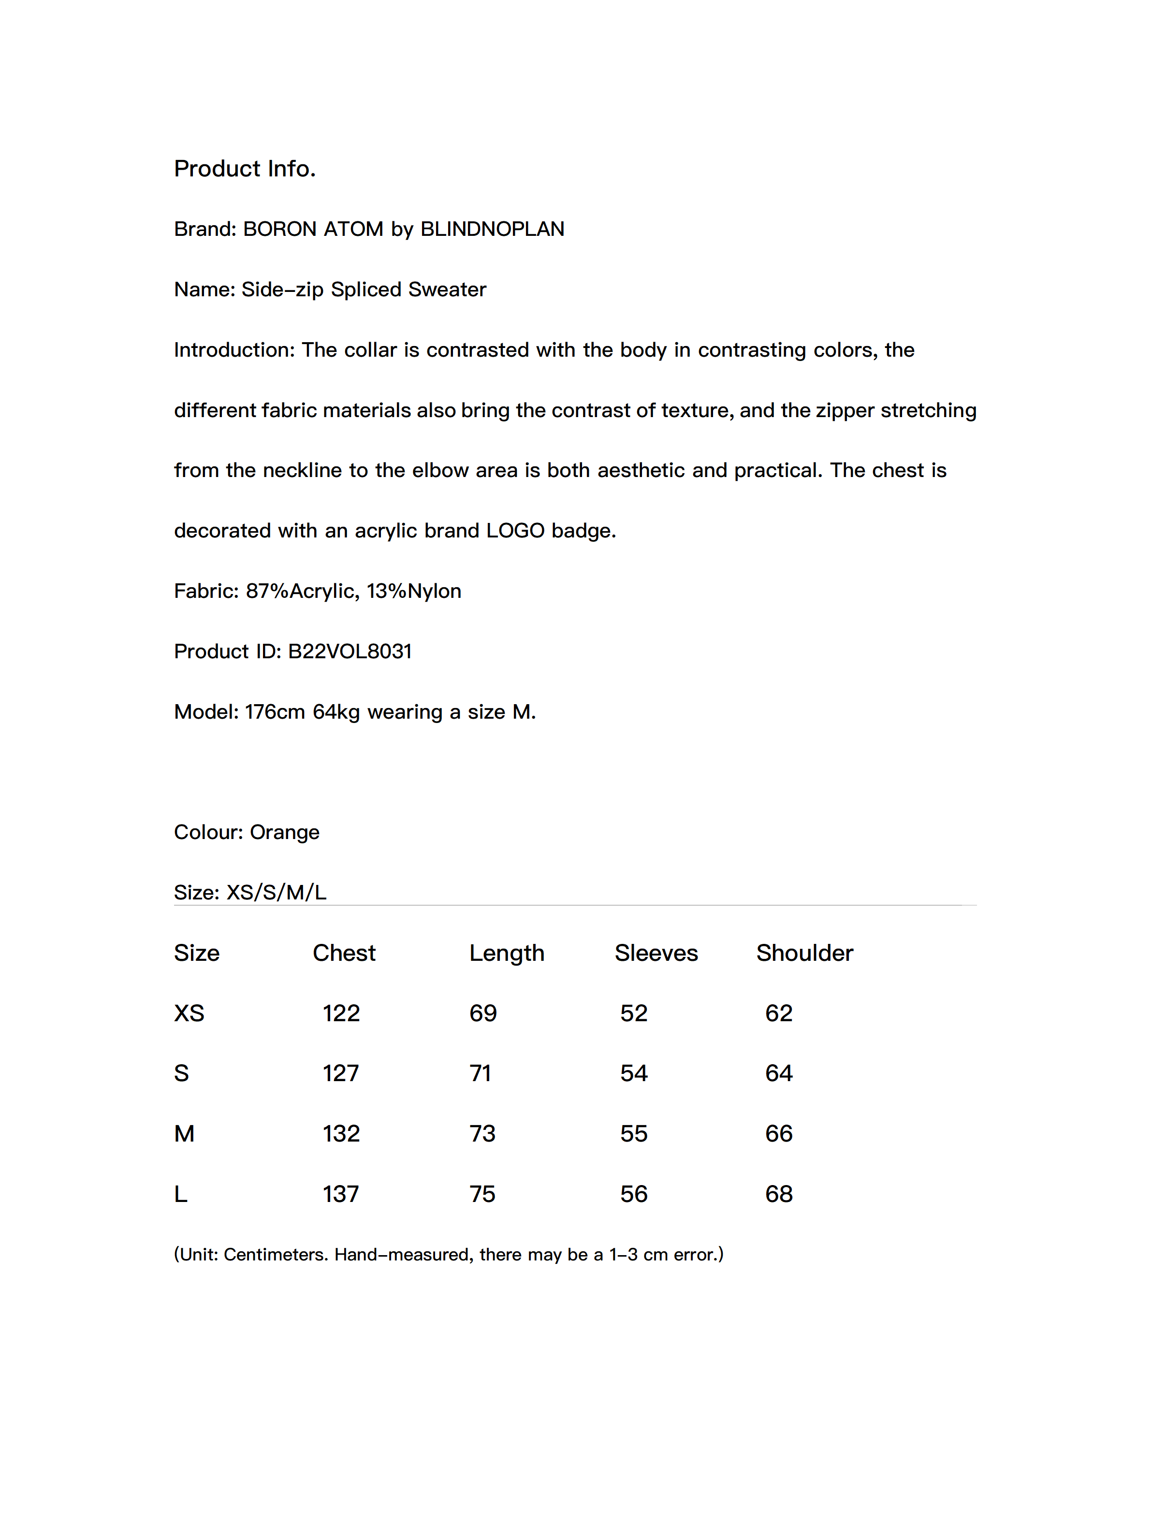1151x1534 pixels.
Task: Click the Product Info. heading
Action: pyautogui.click(x=244, y=169)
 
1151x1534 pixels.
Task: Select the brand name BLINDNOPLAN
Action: pyautogui.click(x=492, y=229)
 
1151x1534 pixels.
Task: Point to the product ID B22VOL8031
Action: pyautogui.click(x=350, y=651)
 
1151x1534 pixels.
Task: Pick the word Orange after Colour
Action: pyautogui.click(x=284, y=832)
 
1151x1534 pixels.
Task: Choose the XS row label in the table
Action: pyautogui.click(x=189, y=1013)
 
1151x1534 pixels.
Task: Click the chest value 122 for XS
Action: pyautogui.click(x=341, y=1013)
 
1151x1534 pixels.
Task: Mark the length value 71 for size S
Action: pyautogui.click(x=480, y=1073)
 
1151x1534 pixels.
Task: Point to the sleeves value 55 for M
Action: pyautogui.click(x=633, y=1134)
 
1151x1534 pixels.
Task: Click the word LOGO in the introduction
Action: pyautogui.click(x=515, y=531)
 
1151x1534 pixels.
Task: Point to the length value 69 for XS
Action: pyautogui.click(x=483, y=1013)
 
